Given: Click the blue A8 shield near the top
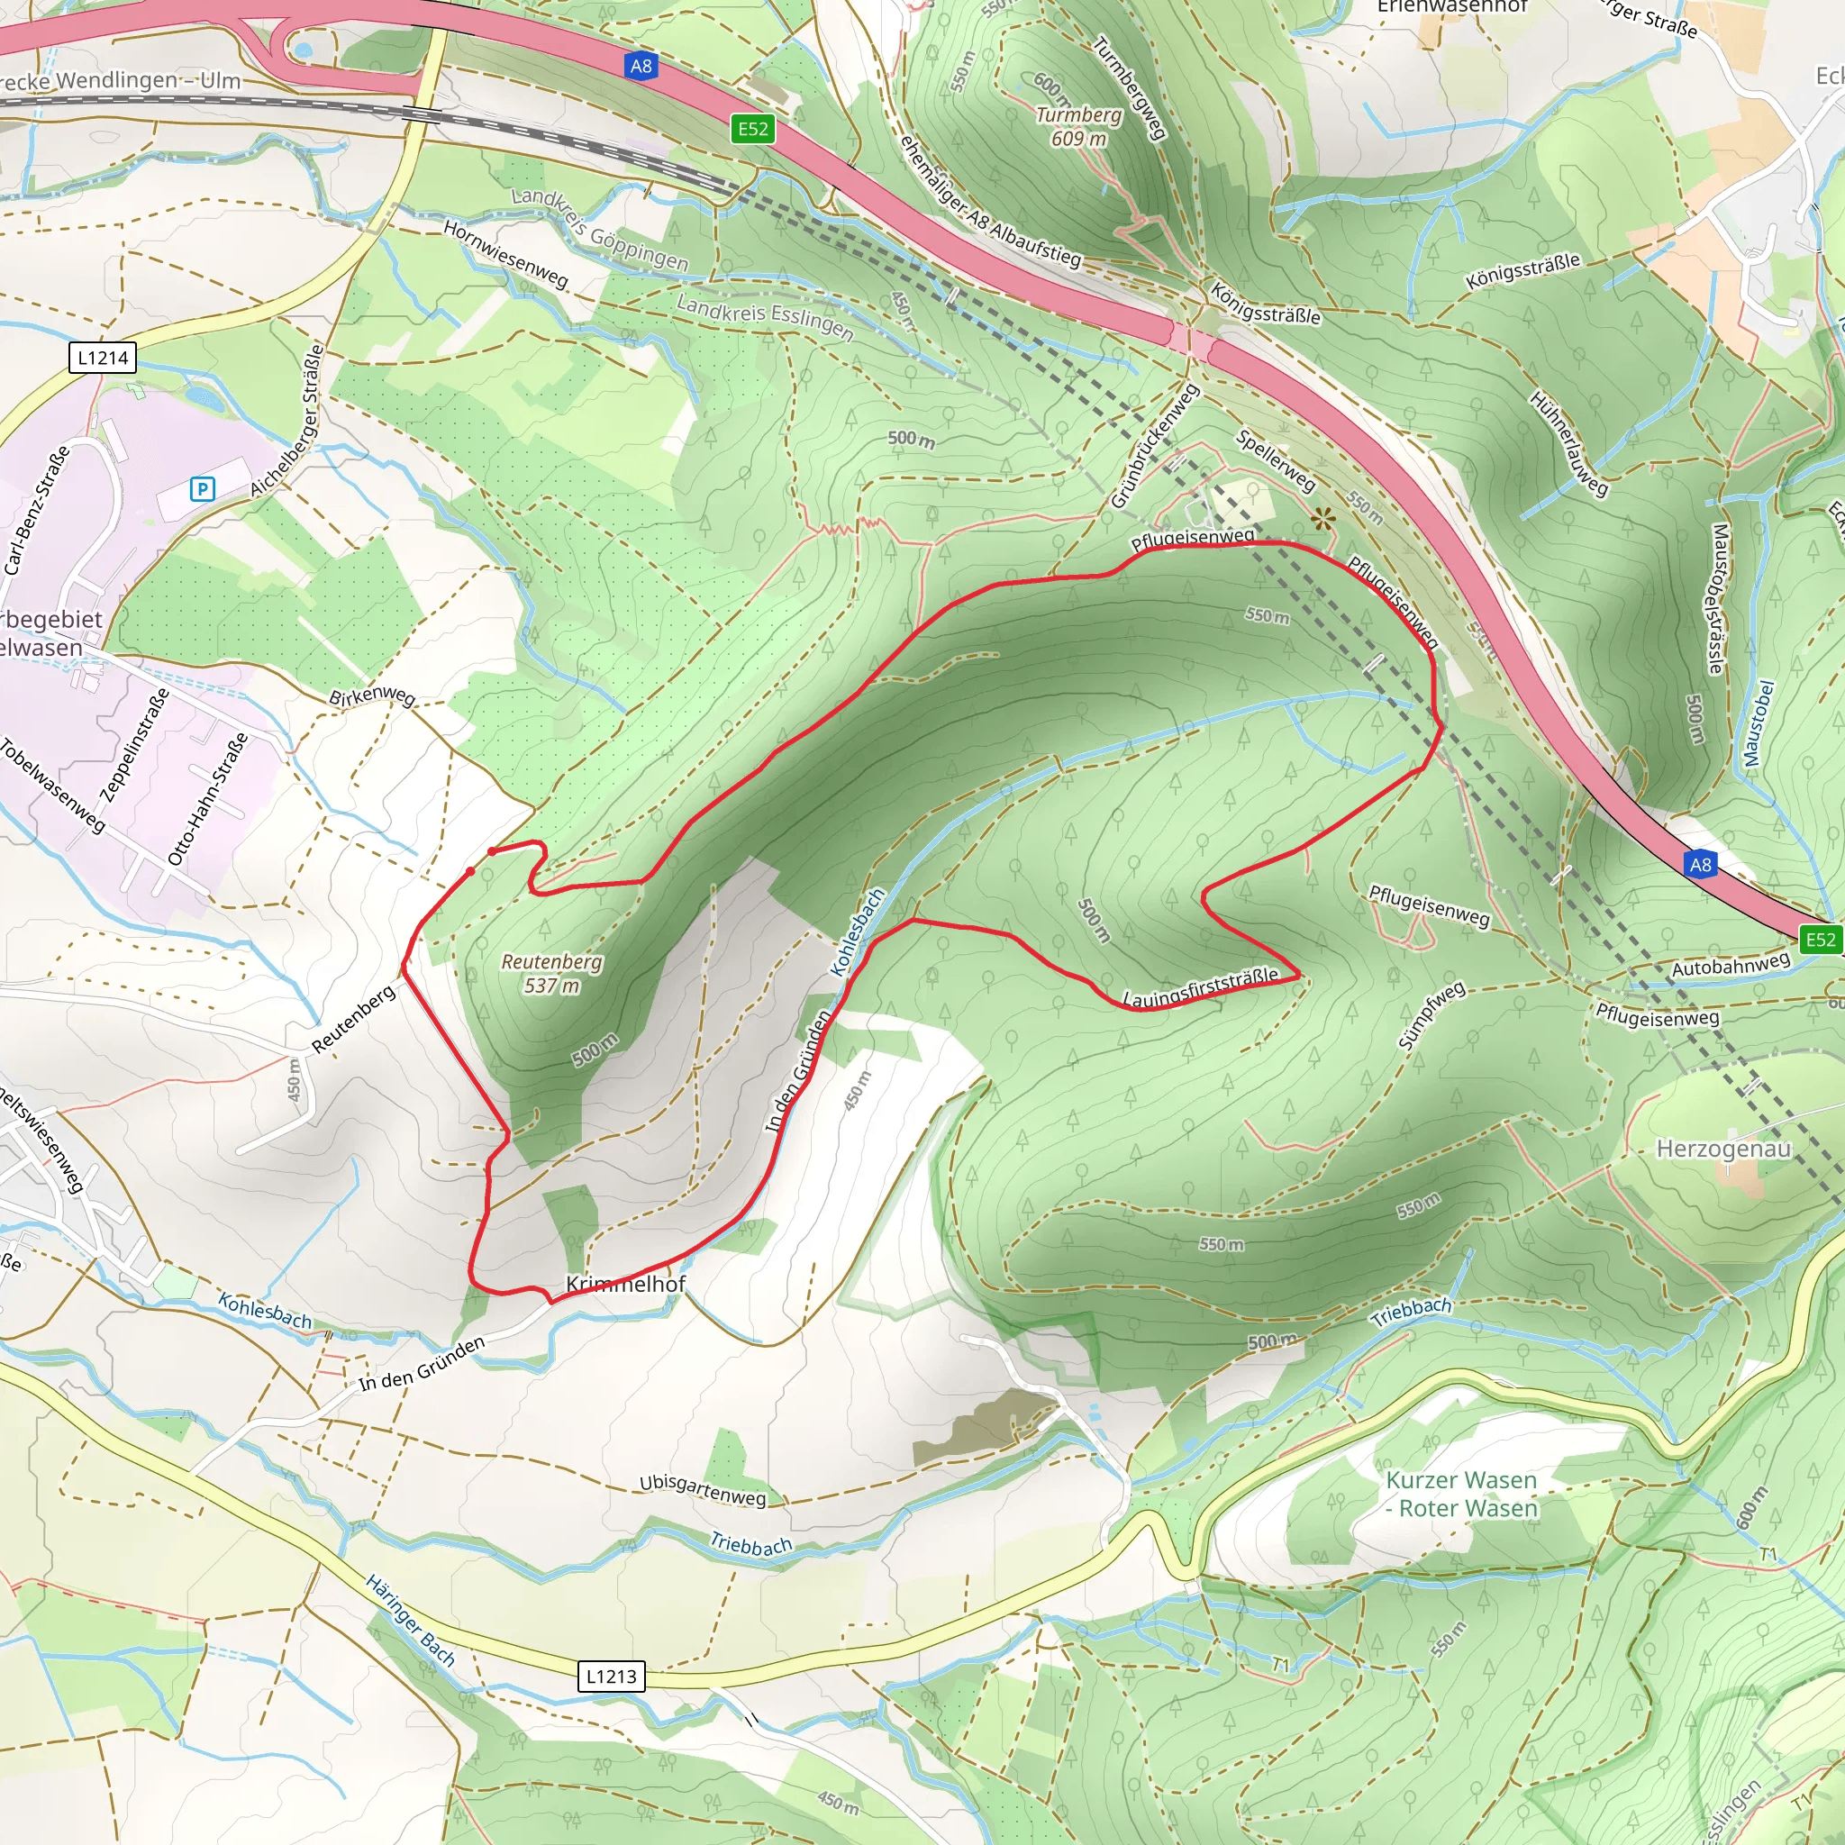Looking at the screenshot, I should tap(641, 66).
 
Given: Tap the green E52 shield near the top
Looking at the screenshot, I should tap(752, 129).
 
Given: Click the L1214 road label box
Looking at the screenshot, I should tap(103, 359).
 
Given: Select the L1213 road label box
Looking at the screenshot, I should tap(611, 1676).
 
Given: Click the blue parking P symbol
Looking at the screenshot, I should tap(202, 489).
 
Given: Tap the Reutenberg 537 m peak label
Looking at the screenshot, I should tap(552, 973).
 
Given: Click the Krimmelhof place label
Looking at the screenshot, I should tap(625, 1285).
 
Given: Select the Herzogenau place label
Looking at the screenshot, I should tap(1722, 1148).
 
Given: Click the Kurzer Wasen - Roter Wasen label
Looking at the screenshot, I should tap(1462, 1494).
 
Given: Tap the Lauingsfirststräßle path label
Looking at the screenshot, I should tap(1200, 987).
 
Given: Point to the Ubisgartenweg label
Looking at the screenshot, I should tap(702, 1490).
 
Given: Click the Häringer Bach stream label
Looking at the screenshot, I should tap(410, 1621).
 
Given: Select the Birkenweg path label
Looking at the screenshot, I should tap(371, 696).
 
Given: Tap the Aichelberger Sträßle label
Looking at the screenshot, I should tap(286, 421).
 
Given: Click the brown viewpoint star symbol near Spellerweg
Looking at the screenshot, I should tap(1322, 520).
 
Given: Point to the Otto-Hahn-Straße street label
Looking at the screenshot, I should tap(207, 799).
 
